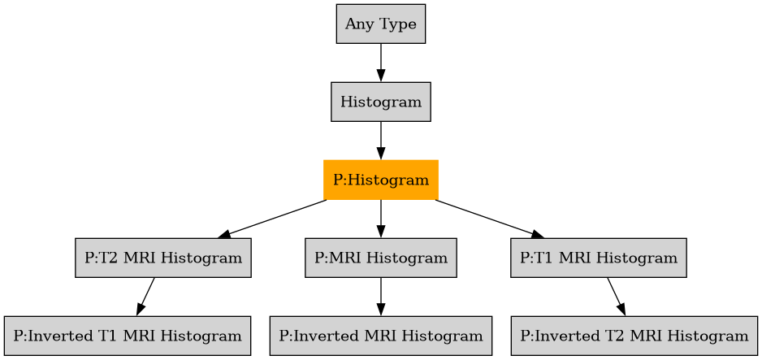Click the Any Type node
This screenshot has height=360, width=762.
point(380,24)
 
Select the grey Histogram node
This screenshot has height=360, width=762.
point(380,102)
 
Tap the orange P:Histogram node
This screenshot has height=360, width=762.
point(380,180)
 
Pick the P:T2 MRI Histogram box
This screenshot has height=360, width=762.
point(162,258)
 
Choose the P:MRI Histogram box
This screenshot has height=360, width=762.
point(380,258)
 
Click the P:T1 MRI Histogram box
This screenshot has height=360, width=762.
point(598,258)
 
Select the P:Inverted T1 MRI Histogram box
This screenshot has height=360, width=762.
point(127,336)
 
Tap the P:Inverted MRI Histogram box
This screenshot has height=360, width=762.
point(380,336)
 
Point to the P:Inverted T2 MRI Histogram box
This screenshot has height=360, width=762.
point(634,336)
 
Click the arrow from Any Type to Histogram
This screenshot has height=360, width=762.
point(380,63)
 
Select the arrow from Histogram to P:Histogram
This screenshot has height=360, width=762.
point(380,141)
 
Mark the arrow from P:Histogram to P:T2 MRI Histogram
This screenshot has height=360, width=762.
point(272,219)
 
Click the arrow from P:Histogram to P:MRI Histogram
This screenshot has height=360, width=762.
point(380,219)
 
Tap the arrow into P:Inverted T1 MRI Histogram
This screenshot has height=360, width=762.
point(145,297)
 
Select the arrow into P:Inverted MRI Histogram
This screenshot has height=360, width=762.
point(380,297)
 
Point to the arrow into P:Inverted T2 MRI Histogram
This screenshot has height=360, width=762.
point(616,297)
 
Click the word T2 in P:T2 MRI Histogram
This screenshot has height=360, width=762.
point(108,258)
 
